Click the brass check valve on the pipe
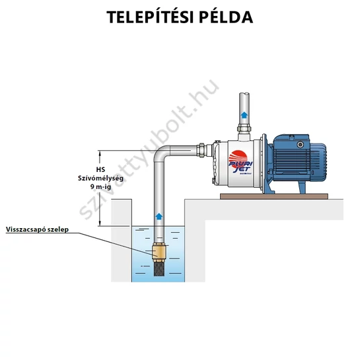(159, 253)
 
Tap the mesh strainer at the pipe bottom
(159, 269)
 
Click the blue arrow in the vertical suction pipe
(159, 216)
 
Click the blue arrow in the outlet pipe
(244, 114)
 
